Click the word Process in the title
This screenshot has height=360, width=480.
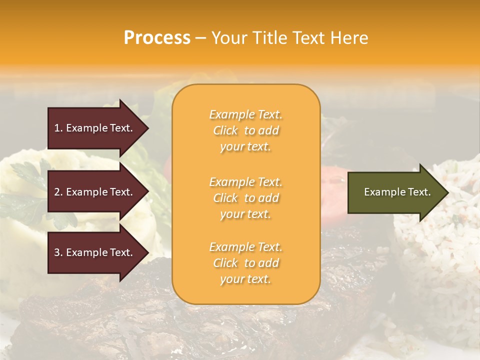tap(157, 38)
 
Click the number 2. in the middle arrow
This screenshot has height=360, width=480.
tap(58, 192)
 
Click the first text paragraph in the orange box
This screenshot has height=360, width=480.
tap(245, 130)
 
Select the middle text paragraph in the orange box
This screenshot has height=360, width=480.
tap(245, 198)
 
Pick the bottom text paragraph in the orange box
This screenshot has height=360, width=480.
tap(245, 263)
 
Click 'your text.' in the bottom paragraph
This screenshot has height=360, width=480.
tap(245, 279)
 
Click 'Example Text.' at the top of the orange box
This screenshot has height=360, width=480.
tap(245, 115)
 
